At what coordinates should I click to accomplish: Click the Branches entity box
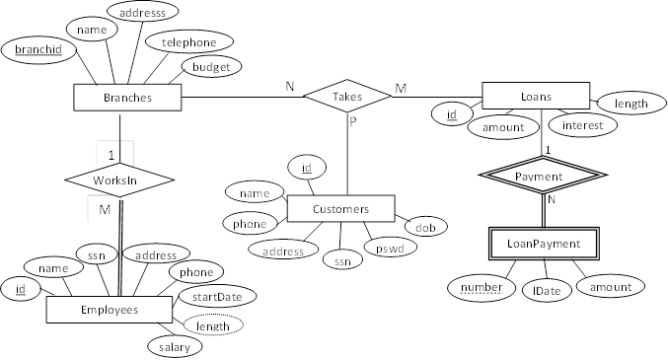(127, 98)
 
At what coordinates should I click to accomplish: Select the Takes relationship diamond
(347, 96)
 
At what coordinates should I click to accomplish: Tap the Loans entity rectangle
(535, 96)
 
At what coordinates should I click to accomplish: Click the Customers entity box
(340, 209)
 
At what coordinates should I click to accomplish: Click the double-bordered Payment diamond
(539, 177)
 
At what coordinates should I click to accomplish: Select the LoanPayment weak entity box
(545, 242)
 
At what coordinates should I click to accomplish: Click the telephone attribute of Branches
(188, 42)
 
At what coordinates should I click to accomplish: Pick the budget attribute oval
(210, 68)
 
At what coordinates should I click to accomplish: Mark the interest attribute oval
(583, 125)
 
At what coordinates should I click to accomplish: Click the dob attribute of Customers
(425, 228)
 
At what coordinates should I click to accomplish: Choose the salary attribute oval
(175, 347)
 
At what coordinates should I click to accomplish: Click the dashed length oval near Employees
(213, 326)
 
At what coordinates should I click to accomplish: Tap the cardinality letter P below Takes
(350, 123)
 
